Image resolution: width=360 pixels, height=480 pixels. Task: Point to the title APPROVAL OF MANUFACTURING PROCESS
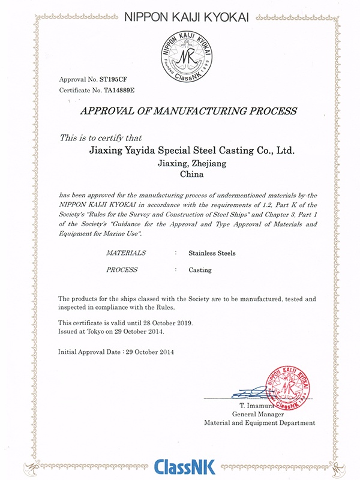(x=188, y=111)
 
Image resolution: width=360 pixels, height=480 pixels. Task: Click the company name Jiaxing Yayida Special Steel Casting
(x=188, y=150)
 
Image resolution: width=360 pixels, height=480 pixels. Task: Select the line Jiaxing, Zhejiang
(x=188, y=163)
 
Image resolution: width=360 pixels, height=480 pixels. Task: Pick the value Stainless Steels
(x=212, y=253)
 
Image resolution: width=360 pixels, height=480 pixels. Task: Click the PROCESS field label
(x=122, y=270)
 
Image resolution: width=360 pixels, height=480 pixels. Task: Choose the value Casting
(x=200, y=270)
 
